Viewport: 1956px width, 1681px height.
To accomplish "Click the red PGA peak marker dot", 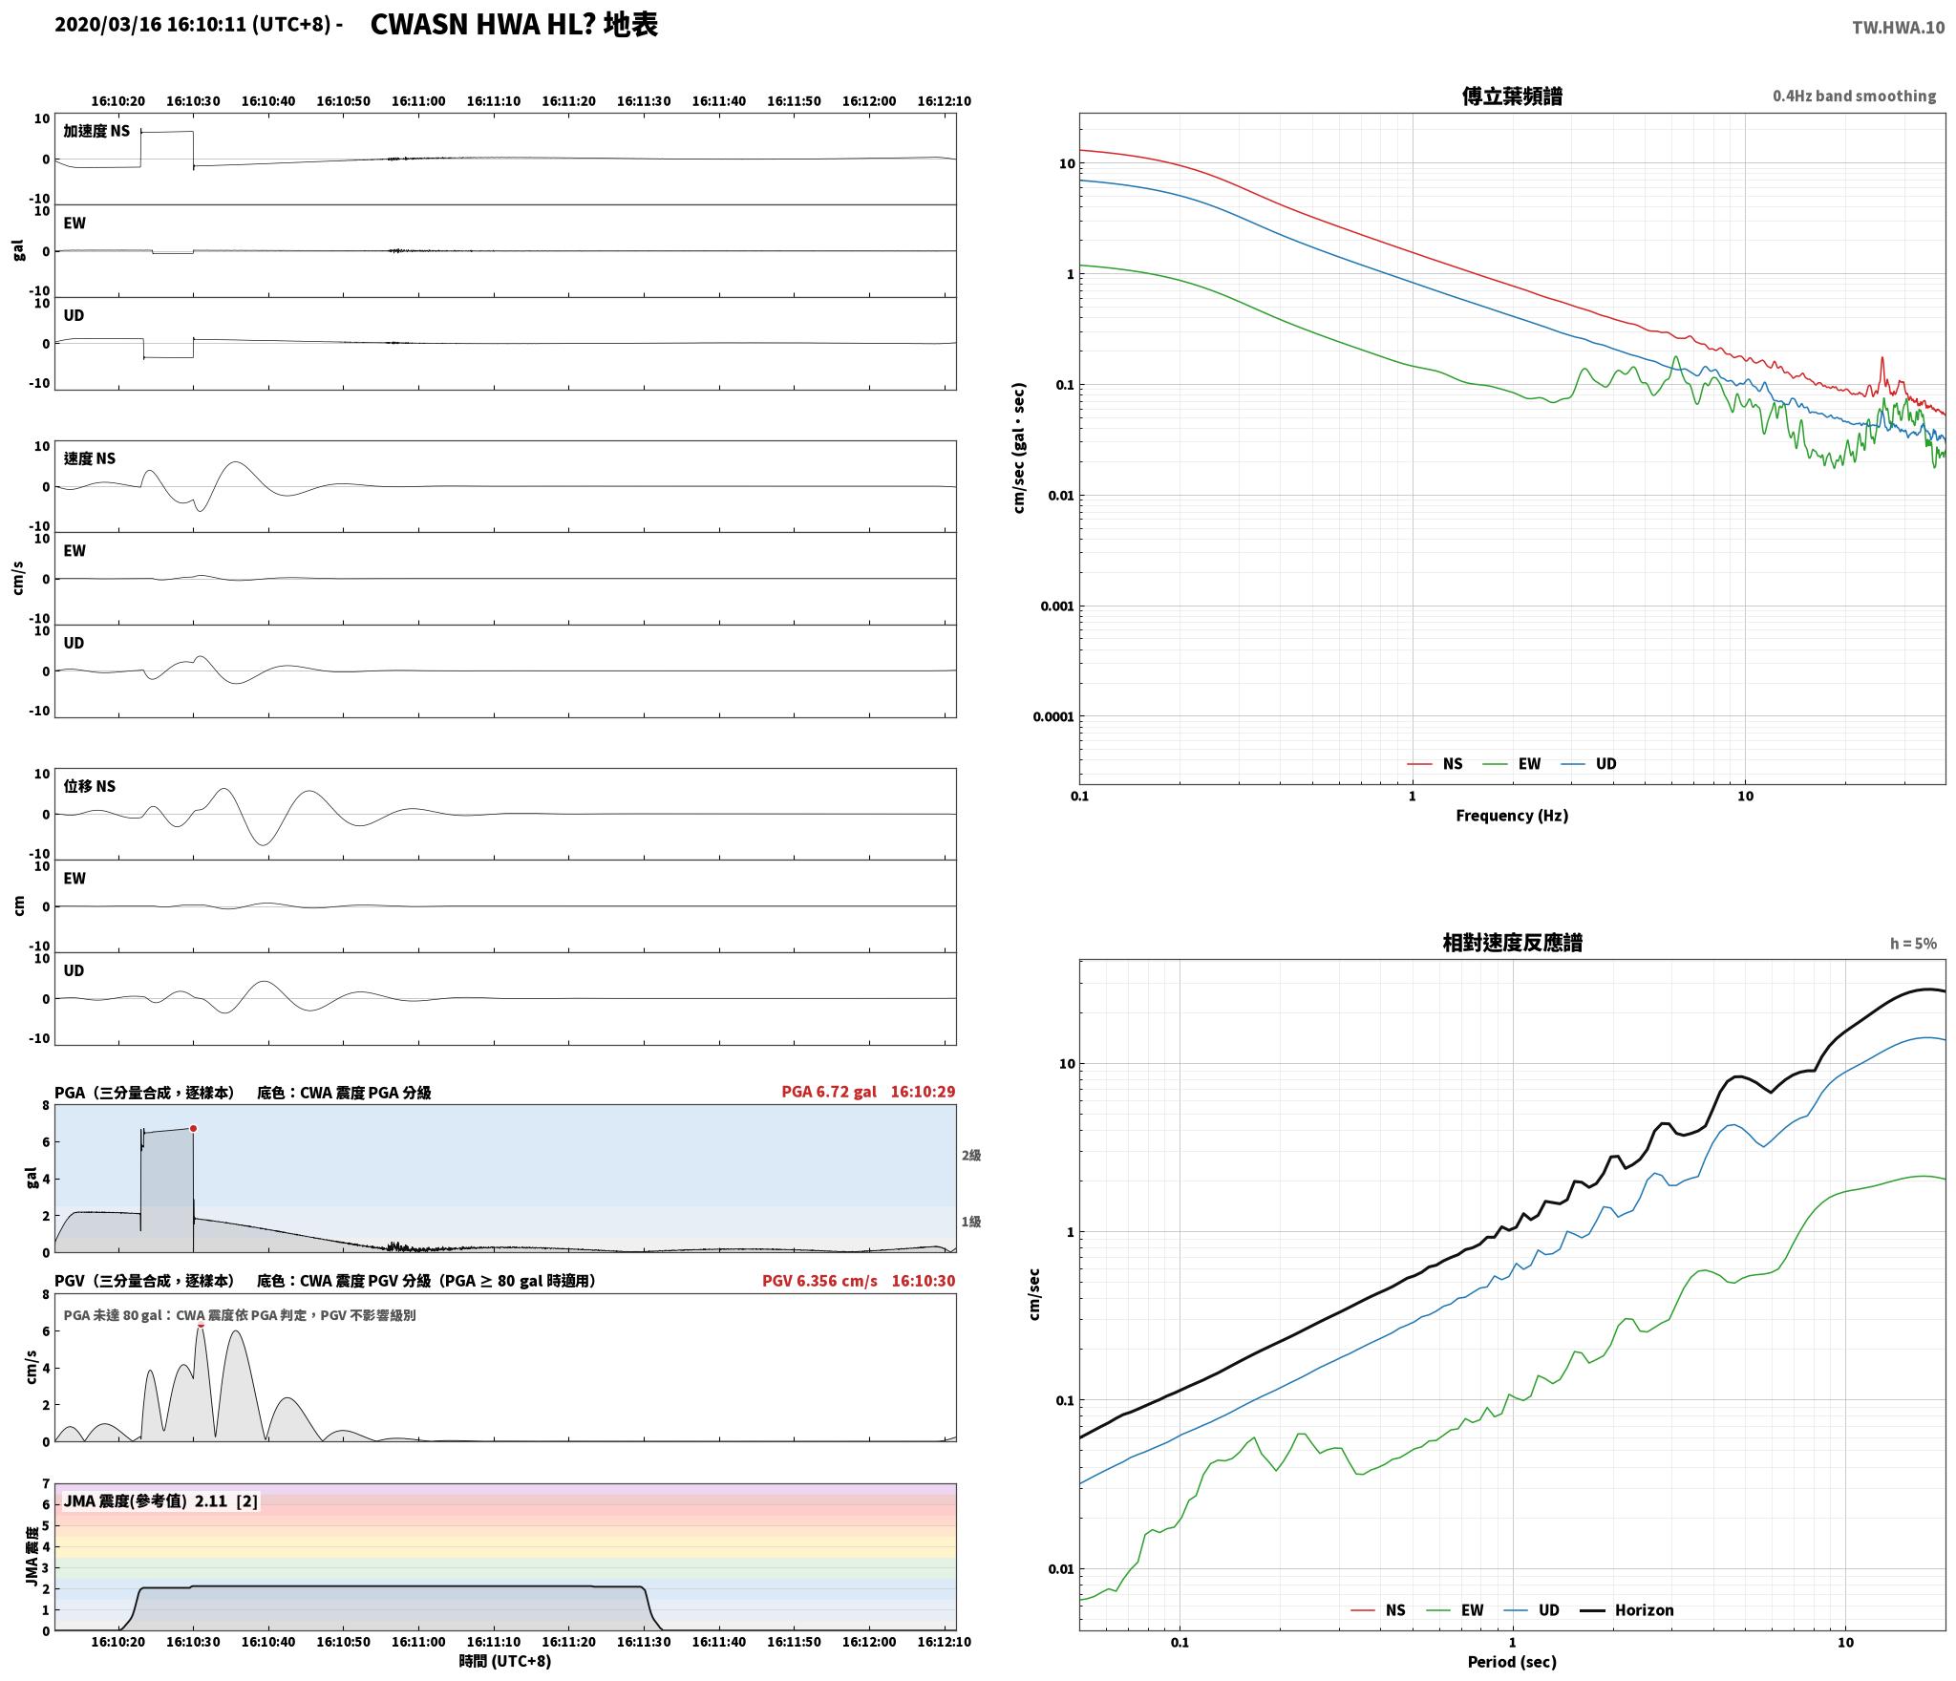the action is pyautogui.click(x=193, y=1128).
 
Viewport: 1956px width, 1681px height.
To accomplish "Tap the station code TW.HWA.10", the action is pyautogui.click(x=1898, y=28).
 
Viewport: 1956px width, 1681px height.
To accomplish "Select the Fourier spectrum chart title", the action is pyautogui.click(x=1512, y=96).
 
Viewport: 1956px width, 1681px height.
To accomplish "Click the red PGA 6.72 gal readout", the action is pyautogui.click(x=828, y=1092).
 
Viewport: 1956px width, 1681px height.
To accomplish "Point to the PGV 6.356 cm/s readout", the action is pyautogui.click(x=819, y=1281).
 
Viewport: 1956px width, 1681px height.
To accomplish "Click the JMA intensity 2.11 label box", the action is pyautogui.click(x=160, y=1501).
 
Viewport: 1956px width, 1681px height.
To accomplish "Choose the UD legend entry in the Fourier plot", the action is pyautogui.click(x=1588, y=764).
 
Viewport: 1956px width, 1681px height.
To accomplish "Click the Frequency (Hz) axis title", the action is pyautogui.click(x=1512, y=815).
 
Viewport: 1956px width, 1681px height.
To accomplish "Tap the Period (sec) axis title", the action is pyautogui.click(x=1512, y=1662).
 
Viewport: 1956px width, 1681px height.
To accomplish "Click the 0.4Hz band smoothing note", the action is pyautogui.click(x=1854, y=96).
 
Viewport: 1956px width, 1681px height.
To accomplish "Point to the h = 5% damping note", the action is pyautogui.click(x=1913, y=944).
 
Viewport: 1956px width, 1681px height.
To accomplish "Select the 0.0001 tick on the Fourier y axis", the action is pyautogui.click(x=1053, y=716).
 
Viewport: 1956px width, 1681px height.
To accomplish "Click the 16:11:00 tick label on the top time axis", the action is pyautogui.click(x=418, y=101).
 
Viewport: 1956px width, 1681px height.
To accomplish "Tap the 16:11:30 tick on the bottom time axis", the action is pyautogui.click(x=644, y=1643).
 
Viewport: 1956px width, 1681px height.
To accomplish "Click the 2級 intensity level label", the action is pyautogui.click(x=971, y=1156).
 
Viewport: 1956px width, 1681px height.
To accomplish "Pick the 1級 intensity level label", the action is pyautogui.click(x=971, y=1222).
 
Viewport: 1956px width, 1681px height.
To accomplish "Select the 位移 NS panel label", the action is pyautogui.click(x=90, y=786).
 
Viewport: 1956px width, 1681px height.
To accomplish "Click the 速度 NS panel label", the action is pyautogui.click(x=90, y=458).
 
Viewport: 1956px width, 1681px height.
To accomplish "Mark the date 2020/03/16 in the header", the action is pyautogui.click(x=108, y=25).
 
